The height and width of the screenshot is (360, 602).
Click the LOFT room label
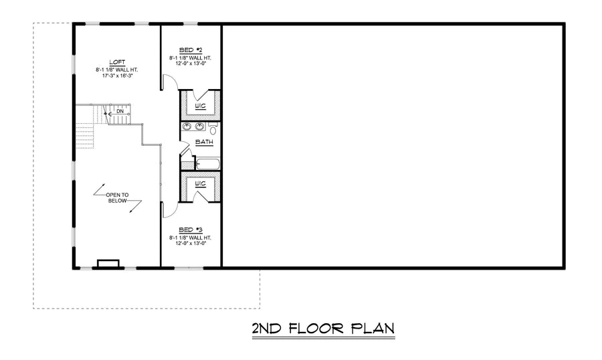(117, 62)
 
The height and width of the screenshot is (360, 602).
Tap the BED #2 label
(191, 50)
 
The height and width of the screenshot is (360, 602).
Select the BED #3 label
(191, 230)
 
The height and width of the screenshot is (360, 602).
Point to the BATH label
(204, 142)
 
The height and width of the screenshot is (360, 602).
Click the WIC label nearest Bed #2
(200, 106)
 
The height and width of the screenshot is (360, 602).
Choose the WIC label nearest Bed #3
(200, 184)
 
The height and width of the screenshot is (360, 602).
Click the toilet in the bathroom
(213, 128)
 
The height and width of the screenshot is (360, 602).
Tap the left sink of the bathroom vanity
(187, 126)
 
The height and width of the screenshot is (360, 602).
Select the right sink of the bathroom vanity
(199, 126)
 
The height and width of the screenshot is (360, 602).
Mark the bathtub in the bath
(208, 164)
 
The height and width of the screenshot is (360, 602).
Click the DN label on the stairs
(120, 112)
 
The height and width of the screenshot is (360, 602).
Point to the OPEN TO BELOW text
(117, 198)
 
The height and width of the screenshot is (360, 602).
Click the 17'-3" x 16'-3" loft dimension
(117, 76)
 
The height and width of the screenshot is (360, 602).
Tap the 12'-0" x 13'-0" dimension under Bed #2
(191, 64)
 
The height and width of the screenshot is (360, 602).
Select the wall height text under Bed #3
(191, 238)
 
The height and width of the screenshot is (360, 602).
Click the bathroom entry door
(185, 149)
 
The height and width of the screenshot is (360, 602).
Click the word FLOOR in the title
(316, 329)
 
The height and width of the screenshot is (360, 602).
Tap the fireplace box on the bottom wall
(108, 264)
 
